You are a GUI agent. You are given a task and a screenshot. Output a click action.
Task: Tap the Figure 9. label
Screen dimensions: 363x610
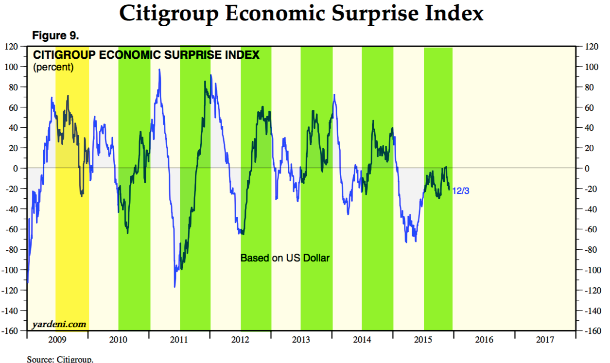(55, 36)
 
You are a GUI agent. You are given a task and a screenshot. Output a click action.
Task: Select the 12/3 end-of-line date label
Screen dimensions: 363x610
(461, 191)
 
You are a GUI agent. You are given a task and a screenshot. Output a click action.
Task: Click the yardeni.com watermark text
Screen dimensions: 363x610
(59, 324)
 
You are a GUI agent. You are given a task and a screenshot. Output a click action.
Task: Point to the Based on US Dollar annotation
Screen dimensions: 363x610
(285, 258)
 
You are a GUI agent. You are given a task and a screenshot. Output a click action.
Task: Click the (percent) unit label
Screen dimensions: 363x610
(53, 67)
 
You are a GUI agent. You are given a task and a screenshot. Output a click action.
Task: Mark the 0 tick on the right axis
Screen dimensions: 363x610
(583, 168)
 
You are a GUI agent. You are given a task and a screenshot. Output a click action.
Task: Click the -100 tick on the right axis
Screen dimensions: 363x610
(589, 270)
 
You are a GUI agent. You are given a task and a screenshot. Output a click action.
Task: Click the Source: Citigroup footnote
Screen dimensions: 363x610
(60, 360)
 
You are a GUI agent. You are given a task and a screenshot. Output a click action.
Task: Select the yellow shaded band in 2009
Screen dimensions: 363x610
(72, 219)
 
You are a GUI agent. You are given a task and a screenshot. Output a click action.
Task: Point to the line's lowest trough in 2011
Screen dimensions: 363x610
(174, 287)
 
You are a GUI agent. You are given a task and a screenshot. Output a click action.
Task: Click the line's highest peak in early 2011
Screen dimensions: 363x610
(159, 69)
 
